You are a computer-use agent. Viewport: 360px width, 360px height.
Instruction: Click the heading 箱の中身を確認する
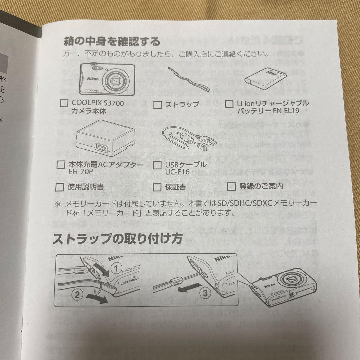click(112, 42)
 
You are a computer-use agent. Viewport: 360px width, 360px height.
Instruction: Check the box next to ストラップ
click(157, 105)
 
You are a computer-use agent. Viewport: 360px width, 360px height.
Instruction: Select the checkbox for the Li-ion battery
click(229, 104)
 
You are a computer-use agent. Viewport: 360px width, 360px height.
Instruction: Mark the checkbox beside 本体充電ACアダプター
click(61, 165)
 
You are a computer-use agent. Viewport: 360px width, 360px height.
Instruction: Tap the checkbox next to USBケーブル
click(157, 165)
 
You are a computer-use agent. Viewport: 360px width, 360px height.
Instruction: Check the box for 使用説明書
click(60, 187)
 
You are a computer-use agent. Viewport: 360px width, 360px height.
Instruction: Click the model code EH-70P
click(82, 172)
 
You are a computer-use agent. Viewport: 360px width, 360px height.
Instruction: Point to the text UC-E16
click(177, 172)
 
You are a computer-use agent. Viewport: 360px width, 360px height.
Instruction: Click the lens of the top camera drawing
click(116, 80)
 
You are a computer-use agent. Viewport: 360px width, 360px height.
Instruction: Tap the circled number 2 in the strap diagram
click(77, 295)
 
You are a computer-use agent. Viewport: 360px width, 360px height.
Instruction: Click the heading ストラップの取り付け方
click(118, 239)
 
